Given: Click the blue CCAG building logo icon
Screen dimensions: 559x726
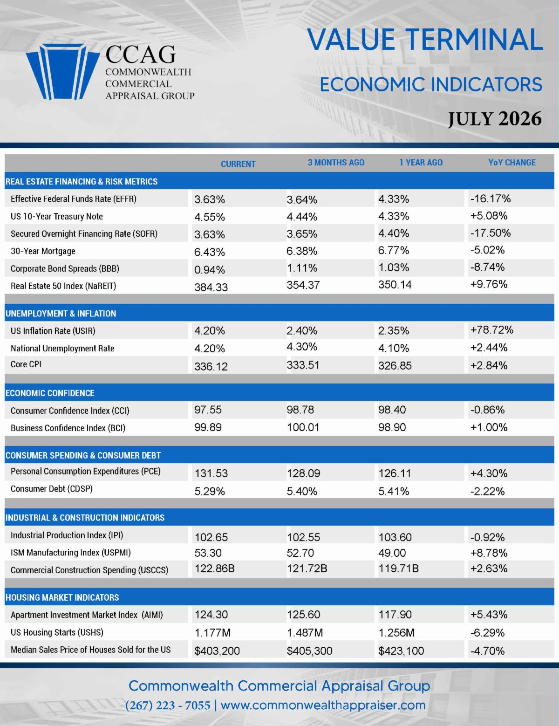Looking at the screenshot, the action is click(62, 72).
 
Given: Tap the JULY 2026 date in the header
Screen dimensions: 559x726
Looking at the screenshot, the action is click(495, 119).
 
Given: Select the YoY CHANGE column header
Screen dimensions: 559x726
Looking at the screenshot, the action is click(512, 163).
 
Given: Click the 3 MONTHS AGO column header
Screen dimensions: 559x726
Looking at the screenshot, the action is click(336, 163).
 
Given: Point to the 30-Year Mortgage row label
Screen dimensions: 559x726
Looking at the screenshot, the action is click(43, 251).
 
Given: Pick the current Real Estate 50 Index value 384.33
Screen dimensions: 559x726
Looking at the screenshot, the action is click(211, 288).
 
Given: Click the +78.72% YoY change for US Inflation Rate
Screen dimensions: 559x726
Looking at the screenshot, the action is click(492, 330).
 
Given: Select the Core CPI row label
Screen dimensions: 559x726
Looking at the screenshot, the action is click(26, 364).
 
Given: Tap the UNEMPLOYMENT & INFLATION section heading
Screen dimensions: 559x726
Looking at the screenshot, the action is click(61, 314).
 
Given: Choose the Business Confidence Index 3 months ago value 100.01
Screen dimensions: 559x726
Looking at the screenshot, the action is click(303, 427).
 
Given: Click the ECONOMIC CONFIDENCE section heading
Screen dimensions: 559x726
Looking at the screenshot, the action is click(50, 393).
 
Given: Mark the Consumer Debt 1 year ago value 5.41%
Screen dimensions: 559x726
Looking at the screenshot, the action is click(394, 492).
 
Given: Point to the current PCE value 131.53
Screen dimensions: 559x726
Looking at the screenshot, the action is click(211, 473).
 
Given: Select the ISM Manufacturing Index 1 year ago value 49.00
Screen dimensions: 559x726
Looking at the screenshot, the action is click(392, 553).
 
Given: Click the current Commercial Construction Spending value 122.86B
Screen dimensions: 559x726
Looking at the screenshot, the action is click(215, 568).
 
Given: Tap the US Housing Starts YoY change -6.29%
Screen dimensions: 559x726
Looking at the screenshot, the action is click(488, 633).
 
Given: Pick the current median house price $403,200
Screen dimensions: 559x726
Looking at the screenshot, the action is click(217, 651).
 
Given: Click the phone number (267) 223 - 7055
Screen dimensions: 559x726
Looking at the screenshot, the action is click(168, 705).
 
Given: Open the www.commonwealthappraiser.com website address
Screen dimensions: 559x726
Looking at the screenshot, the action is click(323, 705).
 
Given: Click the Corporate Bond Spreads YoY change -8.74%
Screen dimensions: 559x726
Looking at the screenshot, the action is click(488, 267).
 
